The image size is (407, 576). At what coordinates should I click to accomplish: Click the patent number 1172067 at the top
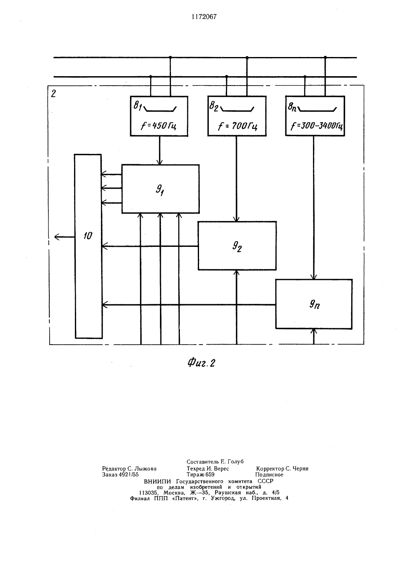tap(204, 17)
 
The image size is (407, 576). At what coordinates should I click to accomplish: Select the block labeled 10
tap(88, 246)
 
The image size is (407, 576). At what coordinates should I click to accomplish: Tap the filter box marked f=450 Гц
tap(159, 116)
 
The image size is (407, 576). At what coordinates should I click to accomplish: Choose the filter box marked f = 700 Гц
tap(237, 116)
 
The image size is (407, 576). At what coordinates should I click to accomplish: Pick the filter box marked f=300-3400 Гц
tap(315, 116)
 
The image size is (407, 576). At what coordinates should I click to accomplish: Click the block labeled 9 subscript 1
tap(161, 189)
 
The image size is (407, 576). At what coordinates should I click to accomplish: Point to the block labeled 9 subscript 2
tap(237, 246)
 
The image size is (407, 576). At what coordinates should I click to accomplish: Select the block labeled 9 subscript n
tap(314, 304)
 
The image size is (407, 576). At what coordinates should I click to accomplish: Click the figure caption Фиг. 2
tap(201, 363)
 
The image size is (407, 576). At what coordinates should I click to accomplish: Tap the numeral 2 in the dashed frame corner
tap(53, 94)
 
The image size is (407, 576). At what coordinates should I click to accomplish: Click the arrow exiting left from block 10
tap(64, 237)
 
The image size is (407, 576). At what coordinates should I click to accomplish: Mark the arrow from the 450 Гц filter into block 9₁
tap(160, 150)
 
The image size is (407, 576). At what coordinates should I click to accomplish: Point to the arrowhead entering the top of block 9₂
tap(236, 219)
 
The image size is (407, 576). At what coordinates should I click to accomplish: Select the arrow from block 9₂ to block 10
tap(150, 246)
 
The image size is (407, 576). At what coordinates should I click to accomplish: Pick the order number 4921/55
tap(129, 475)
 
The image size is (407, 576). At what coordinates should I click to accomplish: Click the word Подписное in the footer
tap(269, 475)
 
